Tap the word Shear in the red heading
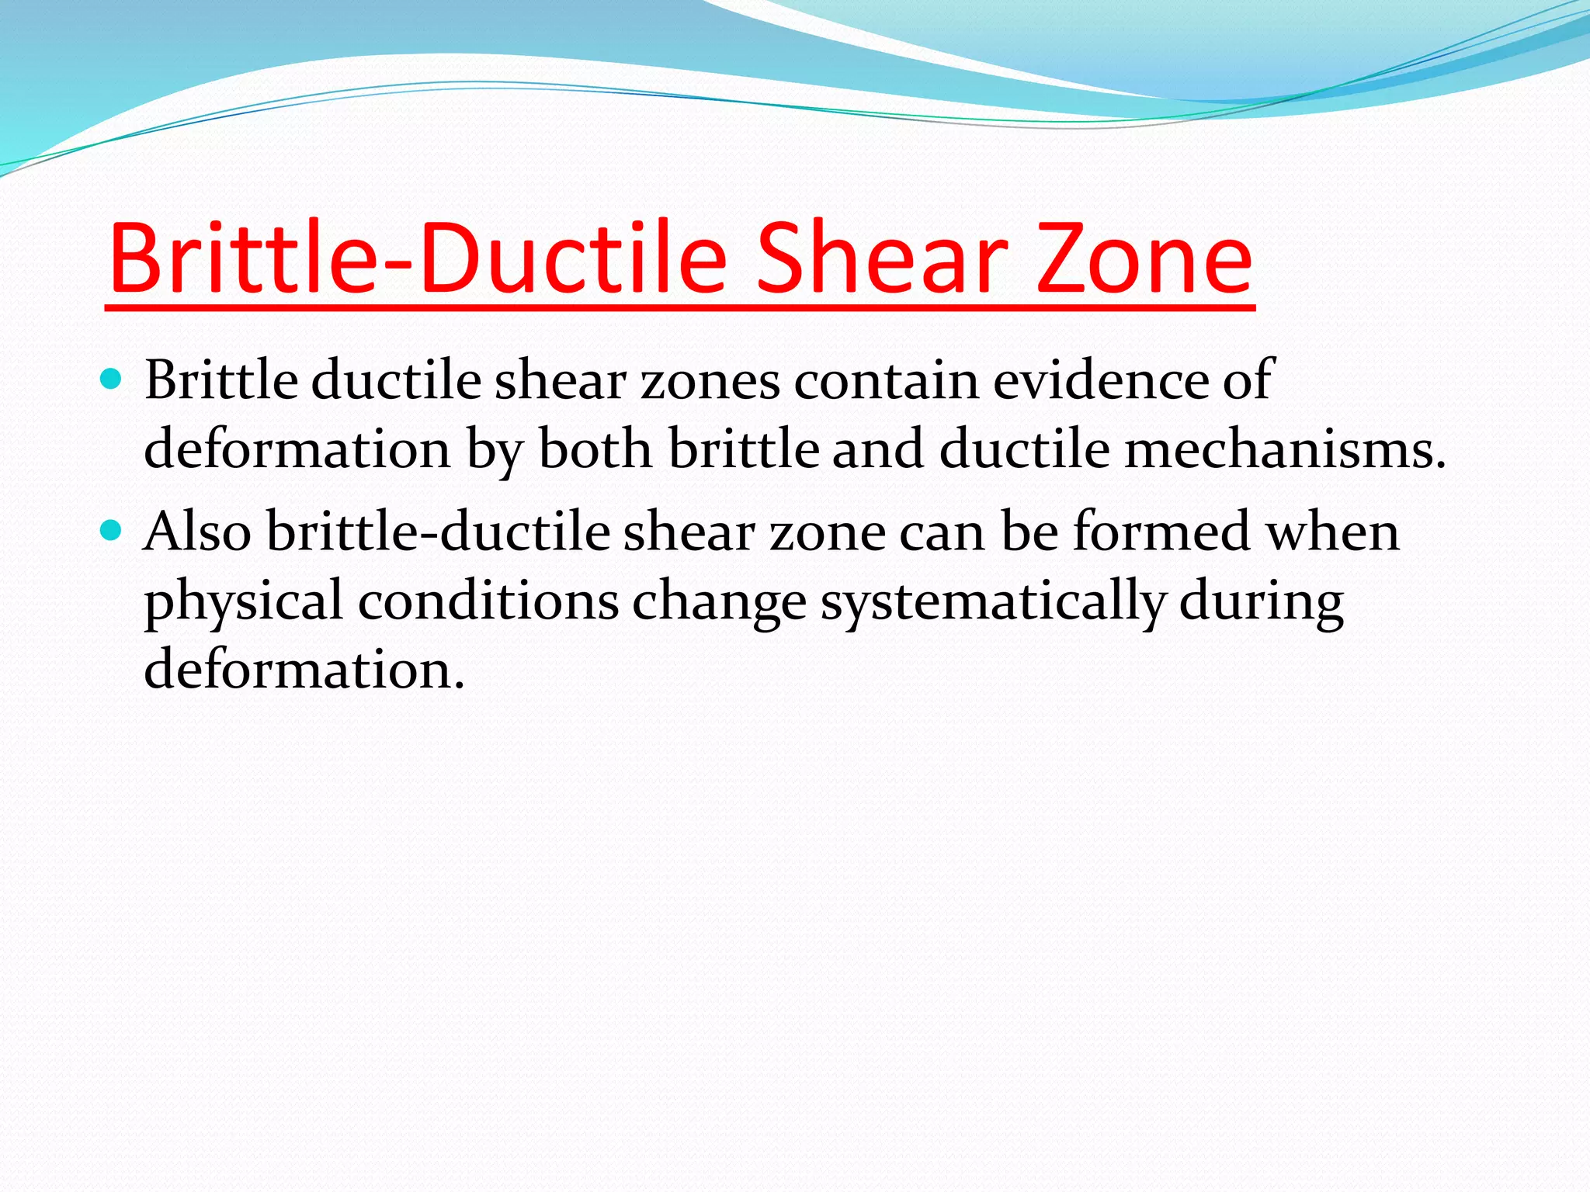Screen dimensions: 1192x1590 point(881,258)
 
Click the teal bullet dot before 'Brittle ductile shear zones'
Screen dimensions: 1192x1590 point(112,379)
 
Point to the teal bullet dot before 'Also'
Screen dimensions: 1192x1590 point(112,531)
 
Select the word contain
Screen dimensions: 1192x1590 point(886,380)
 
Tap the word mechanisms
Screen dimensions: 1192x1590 point(1285,449)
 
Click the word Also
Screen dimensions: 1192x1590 point(197,532)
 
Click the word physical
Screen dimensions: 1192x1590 point(243,601)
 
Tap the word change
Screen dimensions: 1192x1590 point(719,601)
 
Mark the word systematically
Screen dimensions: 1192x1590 point(993,601)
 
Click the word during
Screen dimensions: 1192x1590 point(1261,601)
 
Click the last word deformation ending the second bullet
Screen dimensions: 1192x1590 point(304,669)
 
